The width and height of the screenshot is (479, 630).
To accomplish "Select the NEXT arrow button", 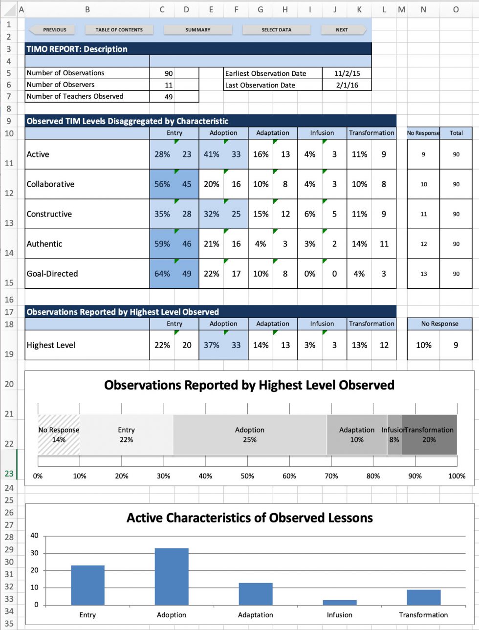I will (x=343, y=30).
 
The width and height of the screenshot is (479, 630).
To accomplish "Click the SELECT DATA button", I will (x=276, y=30).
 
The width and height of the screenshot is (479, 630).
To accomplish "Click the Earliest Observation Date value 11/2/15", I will (x=347, y=73).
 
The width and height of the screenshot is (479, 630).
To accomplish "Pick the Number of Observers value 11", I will (x=169, y=85).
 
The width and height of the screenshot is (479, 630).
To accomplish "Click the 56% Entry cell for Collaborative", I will (x=162, y=184).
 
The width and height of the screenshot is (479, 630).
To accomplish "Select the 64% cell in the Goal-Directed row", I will (x=162, y=274).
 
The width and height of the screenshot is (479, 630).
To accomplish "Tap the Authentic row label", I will (x=44, y=244).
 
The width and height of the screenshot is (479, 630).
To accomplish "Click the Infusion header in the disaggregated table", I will (x=322, y=133).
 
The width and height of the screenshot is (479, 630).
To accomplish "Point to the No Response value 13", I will (x=423, y=274).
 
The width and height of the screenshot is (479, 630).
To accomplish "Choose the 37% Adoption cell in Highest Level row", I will (x=211, y=345).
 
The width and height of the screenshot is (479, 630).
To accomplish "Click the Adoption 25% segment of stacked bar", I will (x=249, y=434).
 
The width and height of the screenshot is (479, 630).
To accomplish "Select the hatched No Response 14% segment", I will (x=59, y=434).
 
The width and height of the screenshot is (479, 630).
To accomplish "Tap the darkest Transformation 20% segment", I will (x=429, y=434).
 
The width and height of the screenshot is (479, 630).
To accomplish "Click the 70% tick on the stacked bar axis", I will (x=331, y=476).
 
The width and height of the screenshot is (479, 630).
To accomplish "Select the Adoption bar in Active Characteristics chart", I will (x=172, y=577).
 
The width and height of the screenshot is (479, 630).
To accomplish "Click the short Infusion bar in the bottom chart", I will (x=339, y=602).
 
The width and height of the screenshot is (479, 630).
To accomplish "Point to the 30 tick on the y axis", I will (x=34, y=553).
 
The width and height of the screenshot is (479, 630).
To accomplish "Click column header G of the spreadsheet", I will (x=260, y=9).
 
